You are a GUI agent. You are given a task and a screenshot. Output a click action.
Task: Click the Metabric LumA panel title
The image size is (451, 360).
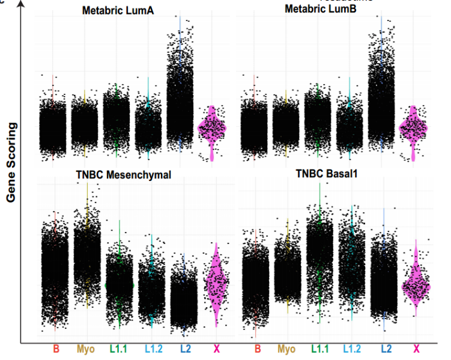118,10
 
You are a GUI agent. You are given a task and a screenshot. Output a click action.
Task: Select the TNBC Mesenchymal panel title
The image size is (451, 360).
124,175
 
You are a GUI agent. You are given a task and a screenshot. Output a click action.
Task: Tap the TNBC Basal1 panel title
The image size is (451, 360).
327,174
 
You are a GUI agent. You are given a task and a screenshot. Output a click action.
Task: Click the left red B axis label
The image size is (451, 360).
56,349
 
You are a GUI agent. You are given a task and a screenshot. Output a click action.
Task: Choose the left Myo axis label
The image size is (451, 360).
86,349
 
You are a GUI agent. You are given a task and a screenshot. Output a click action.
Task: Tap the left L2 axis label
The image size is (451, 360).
184,349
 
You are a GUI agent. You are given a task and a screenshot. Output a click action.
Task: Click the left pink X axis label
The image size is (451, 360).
216,349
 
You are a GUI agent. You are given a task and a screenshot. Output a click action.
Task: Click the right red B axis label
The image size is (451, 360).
257,349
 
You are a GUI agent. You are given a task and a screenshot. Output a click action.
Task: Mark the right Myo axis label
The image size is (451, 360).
287,349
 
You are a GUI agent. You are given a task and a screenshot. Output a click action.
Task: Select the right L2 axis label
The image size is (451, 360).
386,349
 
